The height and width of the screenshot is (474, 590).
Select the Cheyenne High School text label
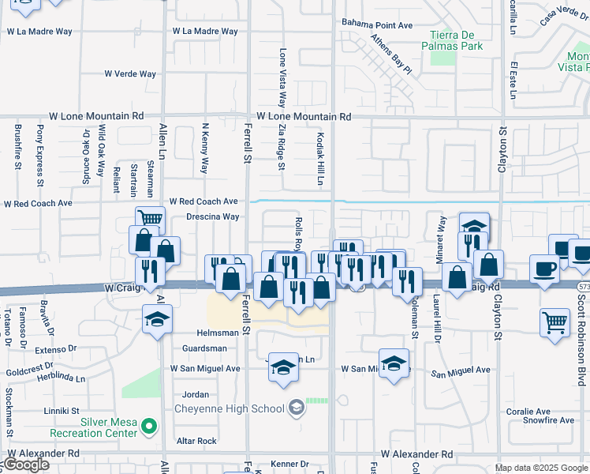coord(229,408)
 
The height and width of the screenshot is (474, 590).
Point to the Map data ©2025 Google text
coord(540,468)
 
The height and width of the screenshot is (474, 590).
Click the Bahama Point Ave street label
coord(377,25)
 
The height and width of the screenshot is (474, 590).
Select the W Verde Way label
coord(130,73)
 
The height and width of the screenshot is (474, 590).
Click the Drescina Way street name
coord(212,216)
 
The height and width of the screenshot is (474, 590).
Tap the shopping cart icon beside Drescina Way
coord(150,218)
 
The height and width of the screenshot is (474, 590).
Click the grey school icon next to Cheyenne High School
coord(296,408)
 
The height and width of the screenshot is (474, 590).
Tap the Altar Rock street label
coord(196,441)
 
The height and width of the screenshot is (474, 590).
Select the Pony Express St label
coord(39,153)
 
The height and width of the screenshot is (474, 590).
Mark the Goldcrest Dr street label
coord(27,370)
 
